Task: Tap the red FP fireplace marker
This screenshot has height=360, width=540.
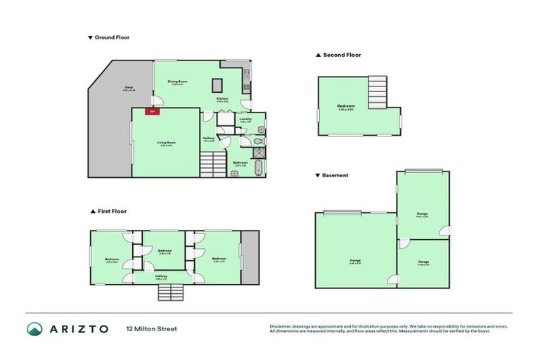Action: point(150,111)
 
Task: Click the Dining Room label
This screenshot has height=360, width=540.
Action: point(176,82)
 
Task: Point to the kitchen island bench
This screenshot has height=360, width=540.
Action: point(218,85)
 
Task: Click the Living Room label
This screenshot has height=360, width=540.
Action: point(166,143)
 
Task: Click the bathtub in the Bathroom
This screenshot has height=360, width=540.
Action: point(258,168)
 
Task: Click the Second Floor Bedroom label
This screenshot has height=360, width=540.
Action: point(345,107)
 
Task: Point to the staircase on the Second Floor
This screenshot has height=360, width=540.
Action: point(378,91)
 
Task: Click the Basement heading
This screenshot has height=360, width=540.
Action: point(335,175)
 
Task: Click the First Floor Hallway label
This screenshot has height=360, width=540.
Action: point(161,277)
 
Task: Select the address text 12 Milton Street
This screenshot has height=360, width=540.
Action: point(151,328)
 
